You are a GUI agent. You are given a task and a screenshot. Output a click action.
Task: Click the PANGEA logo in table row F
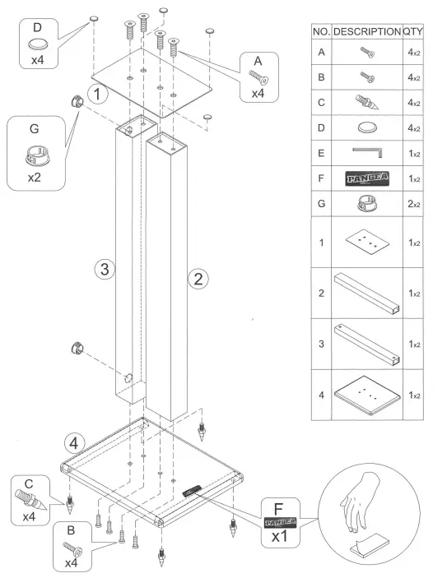click(366, 178)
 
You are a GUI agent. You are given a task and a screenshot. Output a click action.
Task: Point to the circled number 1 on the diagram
click(99, 94)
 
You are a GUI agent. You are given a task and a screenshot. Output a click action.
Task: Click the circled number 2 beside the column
click(198, 279)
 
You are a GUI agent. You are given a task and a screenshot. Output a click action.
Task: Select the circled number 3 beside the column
click(102, 268)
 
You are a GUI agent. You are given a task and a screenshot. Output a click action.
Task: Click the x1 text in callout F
click(280, 534)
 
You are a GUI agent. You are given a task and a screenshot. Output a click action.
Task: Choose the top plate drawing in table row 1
click(366, 242)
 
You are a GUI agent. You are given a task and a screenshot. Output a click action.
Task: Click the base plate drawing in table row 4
click(366, 394)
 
